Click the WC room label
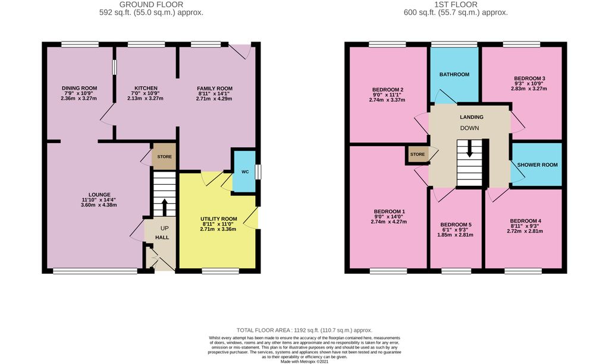click(245, 172)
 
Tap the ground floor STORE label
click(164, 157)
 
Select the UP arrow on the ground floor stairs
click(164, 207)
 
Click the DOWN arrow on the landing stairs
click(470, 148)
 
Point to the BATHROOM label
click(454, 74)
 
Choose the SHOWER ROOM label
click(538, 164)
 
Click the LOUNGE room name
click(99, 195)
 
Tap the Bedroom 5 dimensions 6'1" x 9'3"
click(456, 230)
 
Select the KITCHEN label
click(146, 88)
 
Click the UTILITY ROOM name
click(219, 219)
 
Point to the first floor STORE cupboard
click(417, 154)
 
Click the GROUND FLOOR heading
click(151, 5)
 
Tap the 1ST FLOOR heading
click(456, 5)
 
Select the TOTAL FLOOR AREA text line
click(304, 330)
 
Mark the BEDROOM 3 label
click(529, 78)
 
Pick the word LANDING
click(472, 117)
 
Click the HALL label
click(162, 238)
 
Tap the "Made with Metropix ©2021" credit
click(304, 362)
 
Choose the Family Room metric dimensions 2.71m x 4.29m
click(214, 99)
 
